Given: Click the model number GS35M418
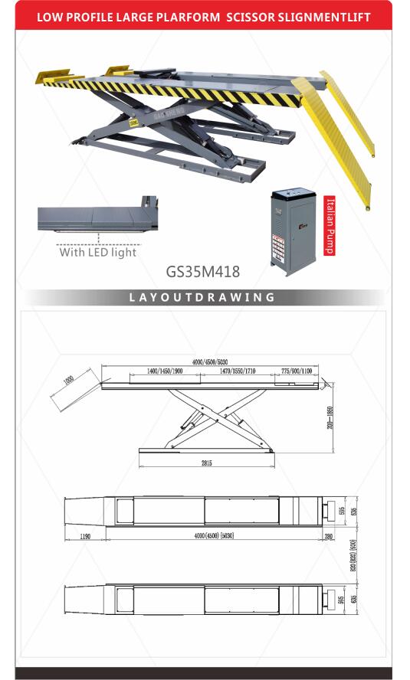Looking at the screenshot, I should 203,270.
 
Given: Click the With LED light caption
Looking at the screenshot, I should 97,252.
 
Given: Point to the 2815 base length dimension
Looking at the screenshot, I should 207,462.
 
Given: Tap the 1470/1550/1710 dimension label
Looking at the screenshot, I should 237,371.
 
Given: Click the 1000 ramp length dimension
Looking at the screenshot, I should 69,380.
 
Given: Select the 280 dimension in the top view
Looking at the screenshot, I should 328,537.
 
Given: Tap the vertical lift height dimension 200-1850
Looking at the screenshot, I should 330,419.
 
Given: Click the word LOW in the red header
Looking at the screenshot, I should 51,16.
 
